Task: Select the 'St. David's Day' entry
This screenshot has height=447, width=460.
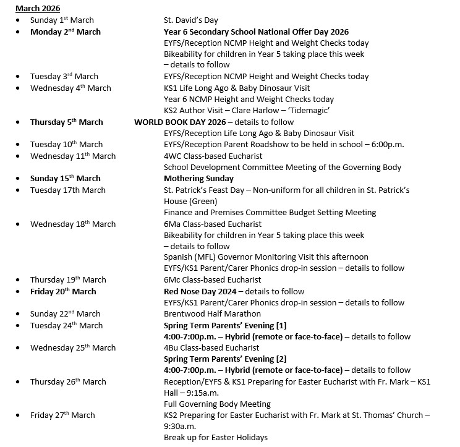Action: click(190, 20)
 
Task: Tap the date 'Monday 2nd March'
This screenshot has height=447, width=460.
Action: click(65, 32)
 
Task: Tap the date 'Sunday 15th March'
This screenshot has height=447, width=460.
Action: click(65, 178)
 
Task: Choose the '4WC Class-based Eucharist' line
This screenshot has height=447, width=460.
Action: click(213, 156)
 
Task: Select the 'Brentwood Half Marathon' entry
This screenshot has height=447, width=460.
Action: click(212, 313)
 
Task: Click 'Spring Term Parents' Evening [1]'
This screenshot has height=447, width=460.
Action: click(224, 325)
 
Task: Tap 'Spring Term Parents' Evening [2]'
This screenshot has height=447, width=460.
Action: click(224, 359)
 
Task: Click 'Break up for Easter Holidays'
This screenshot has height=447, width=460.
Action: click(215, 438)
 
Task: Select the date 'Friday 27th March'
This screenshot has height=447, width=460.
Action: click(62, 415)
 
